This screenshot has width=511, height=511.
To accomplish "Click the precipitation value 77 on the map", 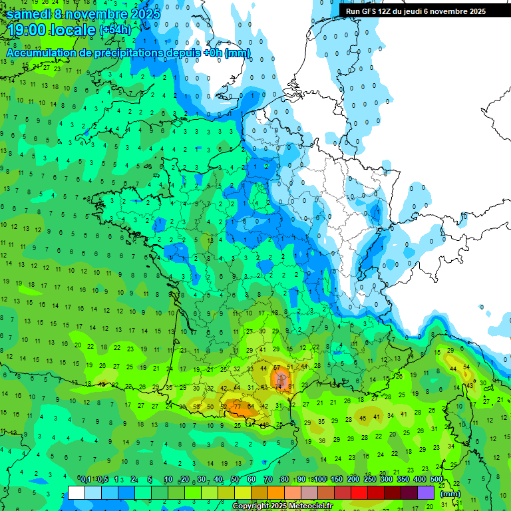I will point(238,407).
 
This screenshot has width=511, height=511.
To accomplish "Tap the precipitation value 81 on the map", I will point(291,387).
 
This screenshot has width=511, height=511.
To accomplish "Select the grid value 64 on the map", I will point(251,407).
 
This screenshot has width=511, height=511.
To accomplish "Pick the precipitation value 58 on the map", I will point(196,407).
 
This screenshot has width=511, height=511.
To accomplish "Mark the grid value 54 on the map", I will point(466,367).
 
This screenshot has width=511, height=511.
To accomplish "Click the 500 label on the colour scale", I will point(436,480).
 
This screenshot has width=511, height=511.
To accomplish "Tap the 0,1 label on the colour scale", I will point(86,480).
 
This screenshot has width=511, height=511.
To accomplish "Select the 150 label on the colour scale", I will point(337,480).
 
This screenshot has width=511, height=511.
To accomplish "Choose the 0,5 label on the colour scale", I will point(102,480).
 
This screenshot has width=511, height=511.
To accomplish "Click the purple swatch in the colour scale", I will point(426,492).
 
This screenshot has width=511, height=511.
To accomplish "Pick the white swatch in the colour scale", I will point(77,492).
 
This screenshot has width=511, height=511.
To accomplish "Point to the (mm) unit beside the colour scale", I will point(450,494).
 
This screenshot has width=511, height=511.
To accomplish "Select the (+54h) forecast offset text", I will point(115,30).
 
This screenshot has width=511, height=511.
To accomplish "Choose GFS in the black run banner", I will point(370,11).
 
